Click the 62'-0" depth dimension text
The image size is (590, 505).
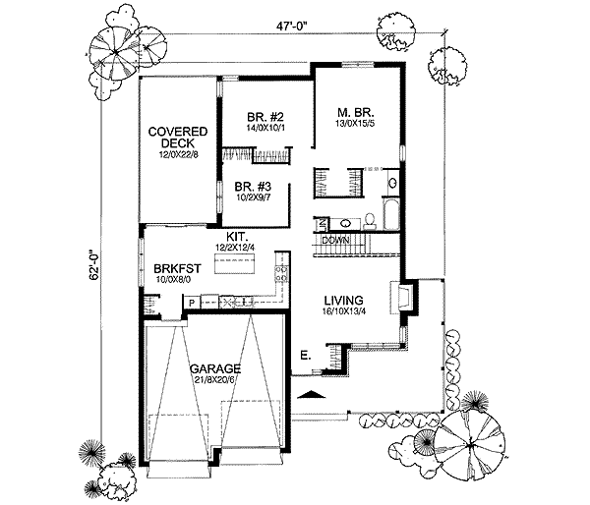point(92,264)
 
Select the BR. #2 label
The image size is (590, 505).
point(265,114)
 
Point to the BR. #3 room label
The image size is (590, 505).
point(254,187)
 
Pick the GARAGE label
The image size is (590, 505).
point(214,368)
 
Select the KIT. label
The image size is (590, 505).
point(234,237)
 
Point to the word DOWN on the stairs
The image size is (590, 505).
point(335,239)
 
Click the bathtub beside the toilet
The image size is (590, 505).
point(388,212)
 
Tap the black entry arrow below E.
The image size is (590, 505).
point(313,394)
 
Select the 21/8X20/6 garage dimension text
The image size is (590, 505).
point(214,381)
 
